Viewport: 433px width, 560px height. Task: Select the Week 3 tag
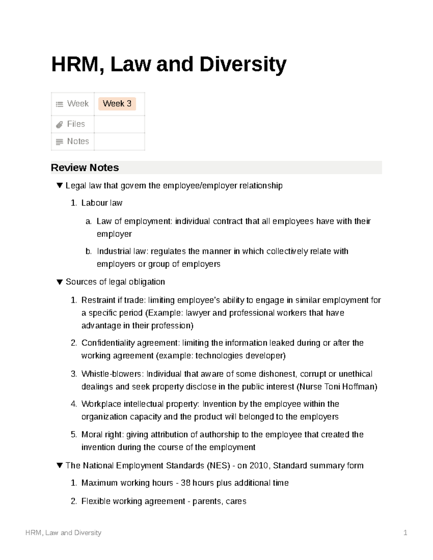[117, 104]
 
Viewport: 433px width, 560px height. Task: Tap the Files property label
[76, 124]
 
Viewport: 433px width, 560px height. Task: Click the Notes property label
[78, 141]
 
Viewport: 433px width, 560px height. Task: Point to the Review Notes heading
[85, 168]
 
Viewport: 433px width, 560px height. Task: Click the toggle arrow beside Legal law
[60, 186]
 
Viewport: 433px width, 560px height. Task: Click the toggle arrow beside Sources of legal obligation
[60, 282]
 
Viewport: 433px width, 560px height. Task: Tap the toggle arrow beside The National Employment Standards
[60, 466]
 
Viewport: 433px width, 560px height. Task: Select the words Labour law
[102, 203]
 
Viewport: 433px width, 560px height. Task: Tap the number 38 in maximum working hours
[185, 483]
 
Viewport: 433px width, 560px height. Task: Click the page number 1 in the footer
[405, 533]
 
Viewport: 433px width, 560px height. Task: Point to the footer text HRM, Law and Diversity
[64, 533]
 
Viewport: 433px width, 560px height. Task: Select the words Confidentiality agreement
[130, 343]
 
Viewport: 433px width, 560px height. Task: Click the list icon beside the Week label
[59, 104]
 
